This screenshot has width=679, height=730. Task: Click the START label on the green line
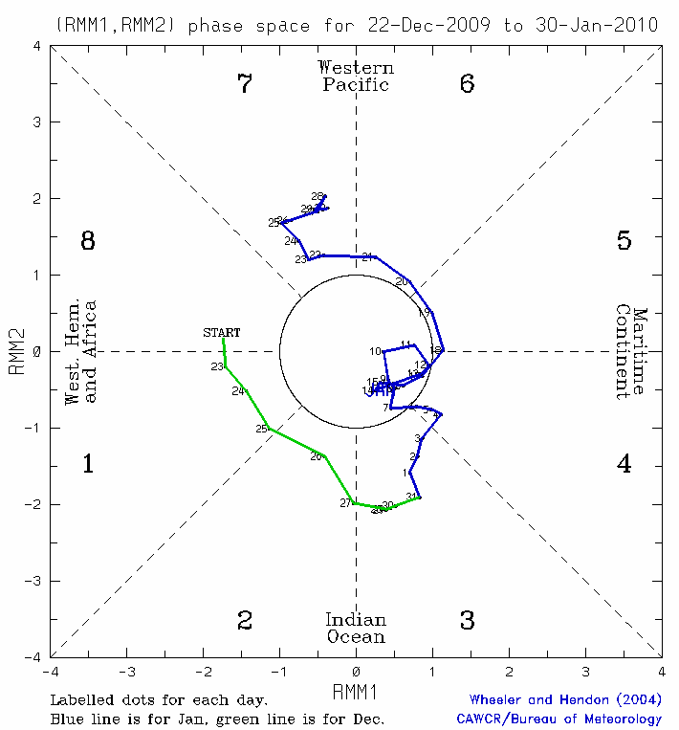click(x=221, y=333)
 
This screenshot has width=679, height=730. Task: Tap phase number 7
click(x=245, y=84)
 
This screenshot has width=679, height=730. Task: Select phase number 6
click(x=467, y=84)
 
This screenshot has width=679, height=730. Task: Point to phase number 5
click(x=624, y=241)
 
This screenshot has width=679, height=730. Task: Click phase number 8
click(x=88, y=241)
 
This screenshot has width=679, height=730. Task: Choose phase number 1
click(x=88, y=465)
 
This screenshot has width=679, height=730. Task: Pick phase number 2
click(x=245, y=621)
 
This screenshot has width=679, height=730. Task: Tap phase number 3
click(x=467, y=621)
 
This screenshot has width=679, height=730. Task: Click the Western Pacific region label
click(x=356, y=76)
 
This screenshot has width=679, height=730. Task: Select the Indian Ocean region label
click(x=356, y=628)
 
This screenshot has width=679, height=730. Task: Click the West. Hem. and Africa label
click(x=81, y=351)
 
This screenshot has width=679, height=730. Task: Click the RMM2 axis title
click(x=16, y=351)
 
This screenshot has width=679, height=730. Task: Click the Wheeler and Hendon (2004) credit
click(x=565, y=700)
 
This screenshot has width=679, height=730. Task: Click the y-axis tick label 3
click(x=35, y=122)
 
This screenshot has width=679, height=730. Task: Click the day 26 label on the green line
click(x=317, y=456)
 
